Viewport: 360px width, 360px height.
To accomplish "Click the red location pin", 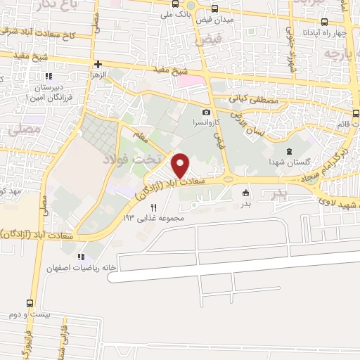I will (x=181, y=165).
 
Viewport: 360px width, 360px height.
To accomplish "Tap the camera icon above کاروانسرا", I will (x=206, y=112).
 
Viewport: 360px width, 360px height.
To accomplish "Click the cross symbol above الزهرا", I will (x=98, y=64).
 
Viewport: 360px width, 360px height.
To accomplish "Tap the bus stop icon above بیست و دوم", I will (x=29, y=303).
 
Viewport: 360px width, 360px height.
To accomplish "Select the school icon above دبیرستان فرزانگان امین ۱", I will (x=49, y=76).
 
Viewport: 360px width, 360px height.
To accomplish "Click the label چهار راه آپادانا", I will (x=321, y=34).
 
